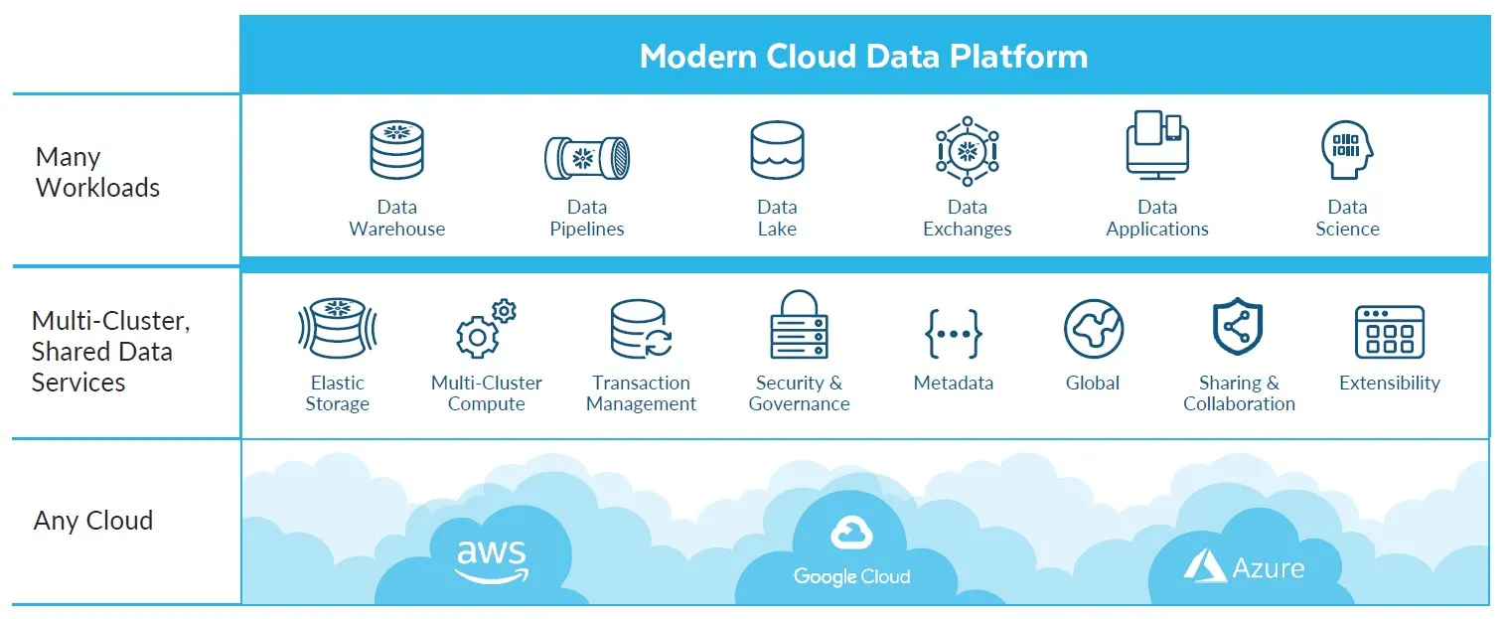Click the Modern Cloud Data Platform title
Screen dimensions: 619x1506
point(863,56)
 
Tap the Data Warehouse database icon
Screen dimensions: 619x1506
point(396,150)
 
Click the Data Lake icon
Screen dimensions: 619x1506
point(777,150)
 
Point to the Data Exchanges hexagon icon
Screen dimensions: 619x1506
point(967,151)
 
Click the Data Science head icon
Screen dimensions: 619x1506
point(1347,151)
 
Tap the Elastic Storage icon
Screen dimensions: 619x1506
point(338,328)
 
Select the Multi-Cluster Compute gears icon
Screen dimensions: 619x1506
point(486,329)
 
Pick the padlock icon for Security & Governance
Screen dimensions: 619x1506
point(799,325)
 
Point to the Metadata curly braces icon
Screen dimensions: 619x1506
point(954,333)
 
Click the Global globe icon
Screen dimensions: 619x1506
point(1093,329)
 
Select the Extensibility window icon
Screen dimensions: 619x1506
point(1389,332)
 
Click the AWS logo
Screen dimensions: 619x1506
point(492,560)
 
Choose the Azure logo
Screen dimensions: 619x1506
point(1244,566)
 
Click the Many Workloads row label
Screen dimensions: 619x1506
point(97,172)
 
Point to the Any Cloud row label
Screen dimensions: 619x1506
point(93,521)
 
